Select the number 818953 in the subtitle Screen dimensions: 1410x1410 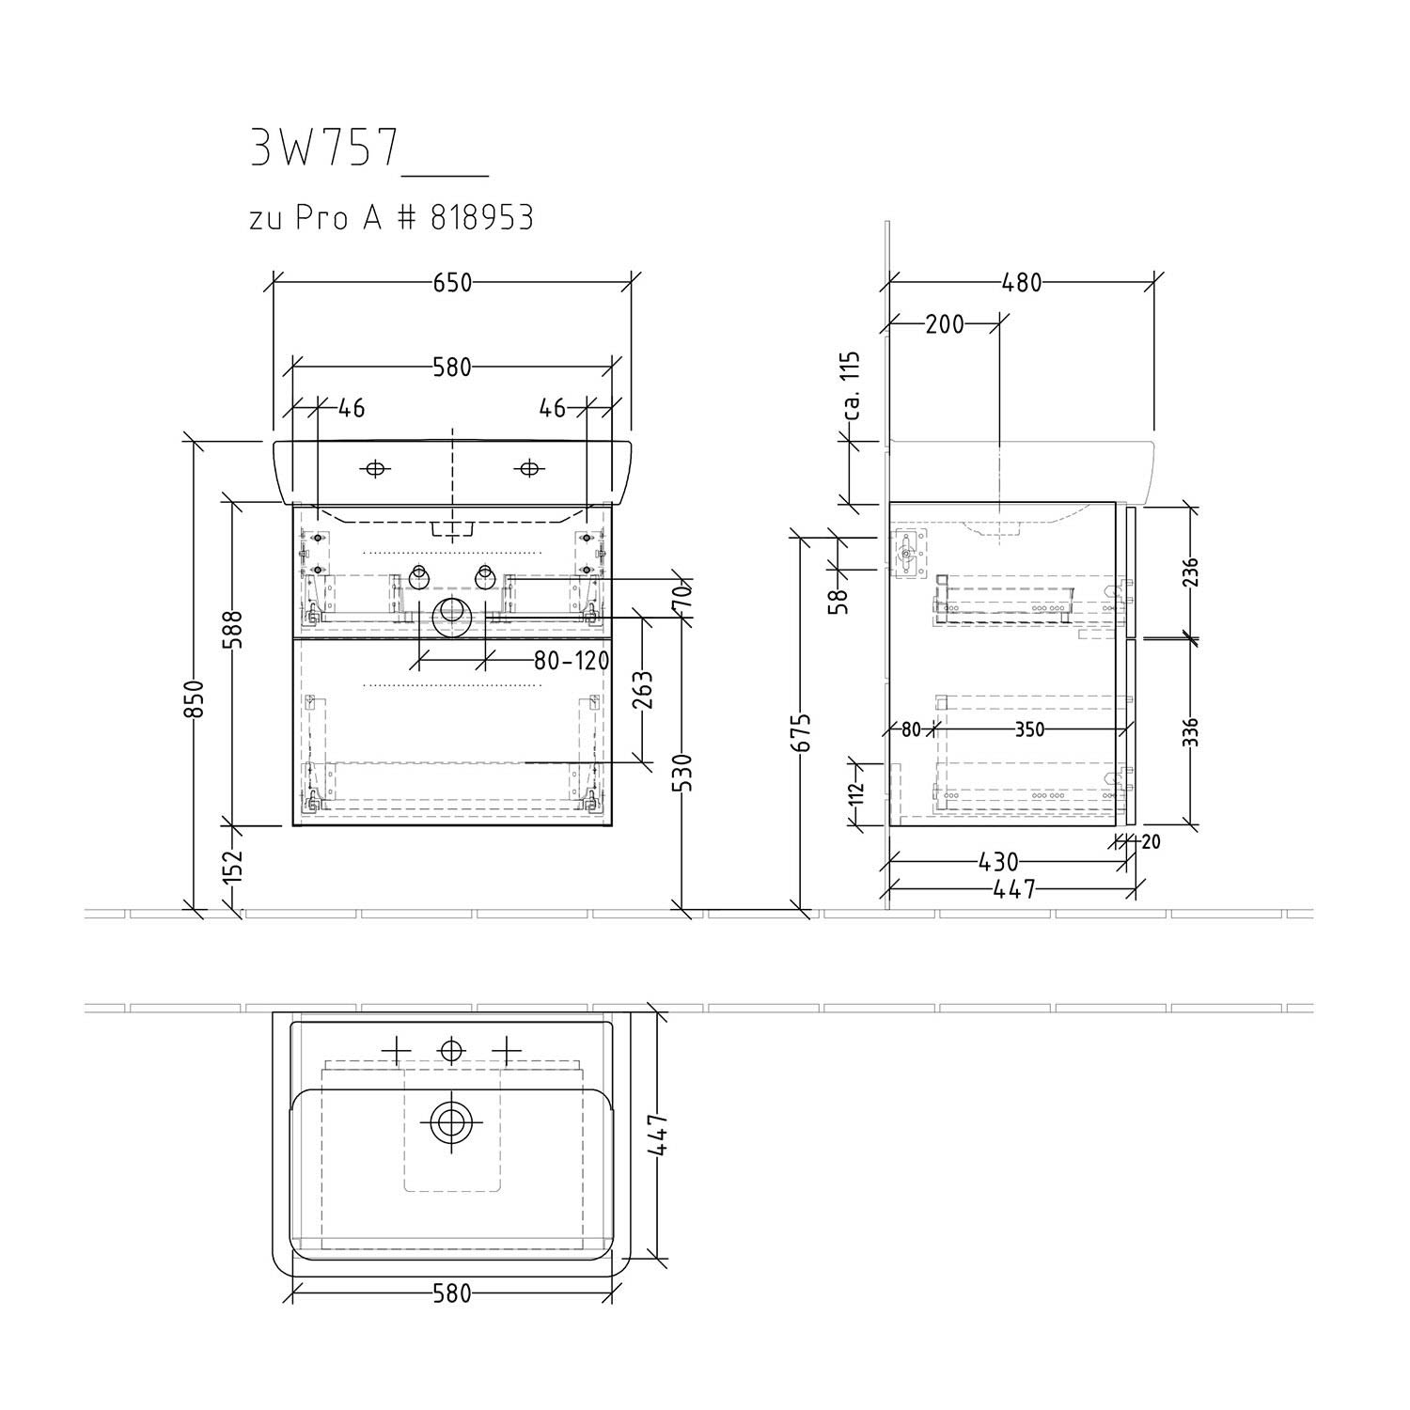[481, 218]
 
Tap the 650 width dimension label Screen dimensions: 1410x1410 [452, 282]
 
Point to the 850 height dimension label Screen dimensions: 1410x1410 [194, 699]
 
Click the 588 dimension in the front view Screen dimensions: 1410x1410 [233, 632]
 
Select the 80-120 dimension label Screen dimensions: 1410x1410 [572, 661]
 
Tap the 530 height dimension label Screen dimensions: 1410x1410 [685, 773]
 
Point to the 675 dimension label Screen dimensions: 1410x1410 [802, 732]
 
